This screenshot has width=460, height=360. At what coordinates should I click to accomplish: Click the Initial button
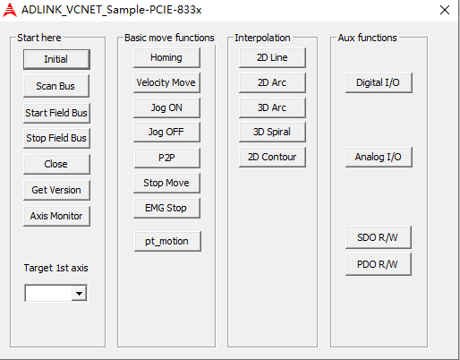(56, 59)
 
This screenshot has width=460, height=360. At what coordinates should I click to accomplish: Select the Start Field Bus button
(56, 113)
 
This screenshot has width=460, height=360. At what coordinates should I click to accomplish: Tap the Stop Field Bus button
(56, 138)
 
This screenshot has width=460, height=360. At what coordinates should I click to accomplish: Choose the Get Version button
(56, 190)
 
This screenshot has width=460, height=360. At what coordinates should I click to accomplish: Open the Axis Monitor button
(56, 216)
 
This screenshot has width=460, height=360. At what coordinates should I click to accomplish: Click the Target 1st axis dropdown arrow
(79, 293)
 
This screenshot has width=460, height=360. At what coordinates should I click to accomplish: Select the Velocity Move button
(166, 82)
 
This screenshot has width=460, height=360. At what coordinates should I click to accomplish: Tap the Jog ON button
(166, 107)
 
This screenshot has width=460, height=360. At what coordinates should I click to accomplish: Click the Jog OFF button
(166, 132)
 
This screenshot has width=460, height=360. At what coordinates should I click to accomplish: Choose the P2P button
(167, 158)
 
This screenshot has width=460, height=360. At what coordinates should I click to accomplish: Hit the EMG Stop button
(166, 208)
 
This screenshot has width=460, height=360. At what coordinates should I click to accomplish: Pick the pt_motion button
(167, 241)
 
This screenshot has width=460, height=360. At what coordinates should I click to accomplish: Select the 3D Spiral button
(272, 132)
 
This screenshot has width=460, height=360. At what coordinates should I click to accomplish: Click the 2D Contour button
(272, 157)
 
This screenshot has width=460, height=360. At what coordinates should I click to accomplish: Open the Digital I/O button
(379, 82)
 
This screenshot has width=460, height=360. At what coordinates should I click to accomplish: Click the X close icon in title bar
(445, 10)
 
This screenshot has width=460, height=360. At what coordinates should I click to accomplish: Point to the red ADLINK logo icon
(10, 10)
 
